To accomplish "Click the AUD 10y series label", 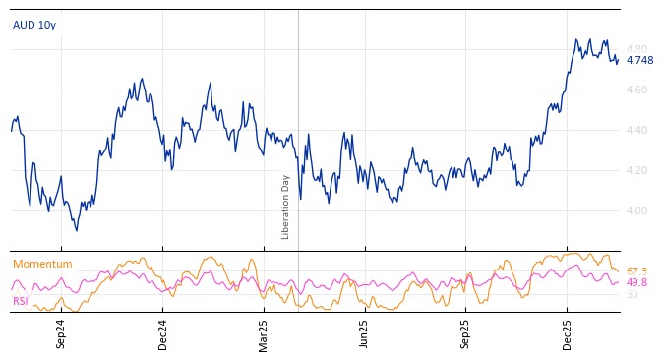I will (x=33, y=25).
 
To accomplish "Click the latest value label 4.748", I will (x=639, y=61).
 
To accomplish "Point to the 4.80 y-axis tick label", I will (x=637, y=49).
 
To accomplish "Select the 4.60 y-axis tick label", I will (x=637, y=90).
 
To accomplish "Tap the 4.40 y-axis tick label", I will (x=637, y=130).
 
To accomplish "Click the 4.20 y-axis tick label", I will (x=637, y=170).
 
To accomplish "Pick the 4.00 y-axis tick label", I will (x=637, y=210).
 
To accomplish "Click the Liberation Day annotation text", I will (x=286, y=207).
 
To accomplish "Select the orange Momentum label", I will (x=42, y=264).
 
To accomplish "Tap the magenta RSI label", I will (x=20, y=301).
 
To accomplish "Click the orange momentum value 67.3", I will (x=636, y=271).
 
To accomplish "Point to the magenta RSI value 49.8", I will (x=636, y=283).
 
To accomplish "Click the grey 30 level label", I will (x=632, y=294).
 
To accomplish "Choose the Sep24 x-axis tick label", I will (x=61, y=333).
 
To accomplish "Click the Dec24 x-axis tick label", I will (x=162, y=333).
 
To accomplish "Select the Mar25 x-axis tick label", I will (x=263, y=333).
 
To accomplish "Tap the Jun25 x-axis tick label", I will (x=364, y=333).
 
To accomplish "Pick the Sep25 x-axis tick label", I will (x=465, y=333).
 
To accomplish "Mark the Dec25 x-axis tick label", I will (x=567, y=333).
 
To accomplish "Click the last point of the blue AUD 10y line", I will (x=619, y=60).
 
